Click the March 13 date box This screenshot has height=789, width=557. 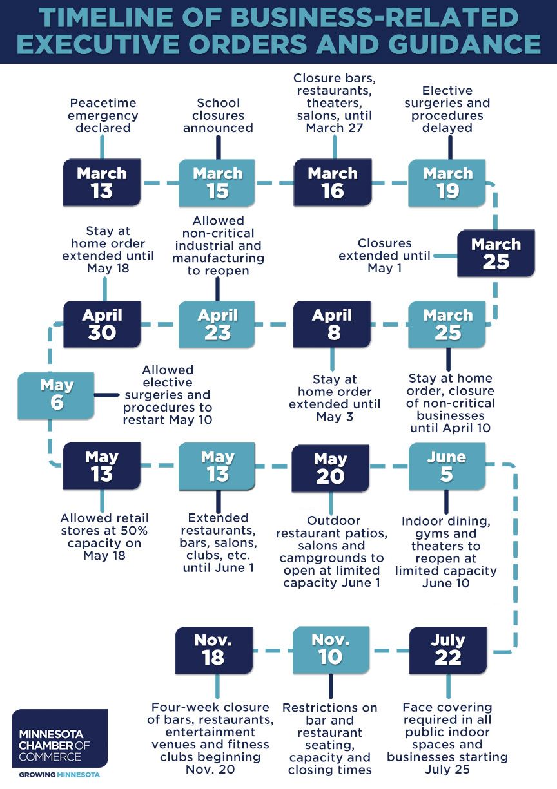click(102, 183)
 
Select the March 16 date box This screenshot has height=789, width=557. click(333, 183)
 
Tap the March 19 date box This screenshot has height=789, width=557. click(448, 183)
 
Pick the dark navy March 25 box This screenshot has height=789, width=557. click(496, 253)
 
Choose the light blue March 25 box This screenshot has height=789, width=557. click(448, 324)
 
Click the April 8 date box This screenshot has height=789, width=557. click(332, 324)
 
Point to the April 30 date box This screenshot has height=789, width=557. click(102, 324)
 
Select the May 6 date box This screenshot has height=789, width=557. click(57, 394)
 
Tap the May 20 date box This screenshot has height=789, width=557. click(331, 468)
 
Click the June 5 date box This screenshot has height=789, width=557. click(447, 466)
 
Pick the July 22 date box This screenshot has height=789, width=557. click(448, 649)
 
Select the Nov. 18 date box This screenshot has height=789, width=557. click(213, 649)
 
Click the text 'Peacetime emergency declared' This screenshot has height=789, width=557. click(103, 115)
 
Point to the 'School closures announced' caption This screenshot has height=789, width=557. click(218, 115)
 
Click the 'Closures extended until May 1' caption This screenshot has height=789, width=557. click(385, 255)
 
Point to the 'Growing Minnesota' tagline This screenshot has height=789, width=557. click(59, 774)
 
